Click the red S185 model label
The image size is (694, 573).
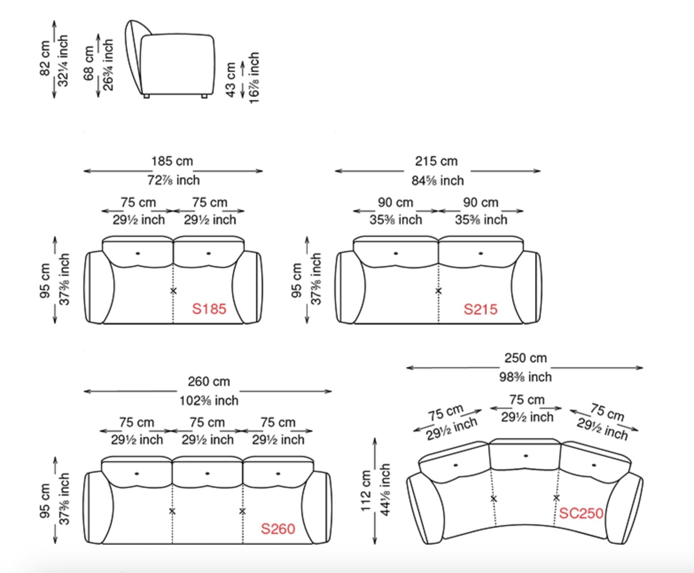click(209, 309)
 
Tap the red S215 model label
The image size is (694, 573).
click(480, 309)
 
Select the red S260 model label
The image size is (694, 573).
click(278, 529)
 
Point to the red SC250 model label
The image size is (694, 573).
click(581, 513)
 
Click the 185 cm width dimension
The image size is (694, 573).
click(172, 161)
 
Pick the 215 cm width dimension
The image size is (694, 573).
click(436, 161)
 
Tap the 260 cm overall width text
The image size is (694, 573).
click(209, 381)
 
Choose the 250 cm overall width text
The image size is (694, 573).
click(526, 358)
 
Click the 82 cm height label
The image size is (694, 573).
click(45, 59)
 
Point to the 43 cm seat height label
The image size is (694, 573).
click(230, 80)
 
